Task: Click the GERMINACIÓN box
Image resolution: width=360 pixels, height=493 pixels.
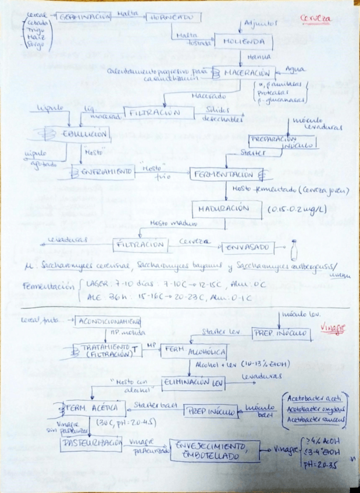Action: [84, 18]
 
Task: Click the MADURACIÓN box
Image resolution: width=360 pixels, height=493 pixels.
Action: [223, 209]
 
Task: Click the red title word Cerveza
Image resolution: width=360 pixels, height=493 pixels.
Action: [316, 18]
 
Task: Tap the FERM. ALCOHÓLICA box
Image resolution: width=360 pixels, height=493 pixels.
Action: [194, 352]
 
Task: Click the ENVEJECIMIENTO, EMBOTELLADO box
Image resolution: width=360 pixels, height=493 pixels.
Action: [214, 451]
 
